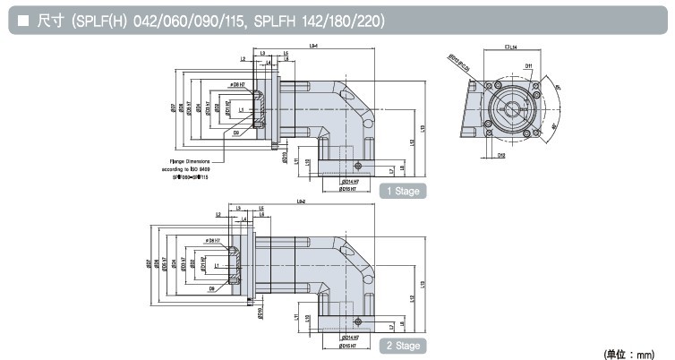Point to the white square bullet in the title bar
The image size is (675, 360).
(19, 20)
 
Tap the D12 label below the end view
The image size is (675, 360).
(501, 156)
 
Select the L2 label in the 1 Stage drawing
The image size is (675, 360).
(244, 59)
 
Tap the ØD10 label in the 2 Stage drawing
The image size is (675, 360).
(261, 313)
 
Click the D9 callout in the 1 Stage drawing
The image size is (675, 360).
(235, 133)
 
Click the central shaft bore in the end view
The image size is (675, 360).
(513, 109)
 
